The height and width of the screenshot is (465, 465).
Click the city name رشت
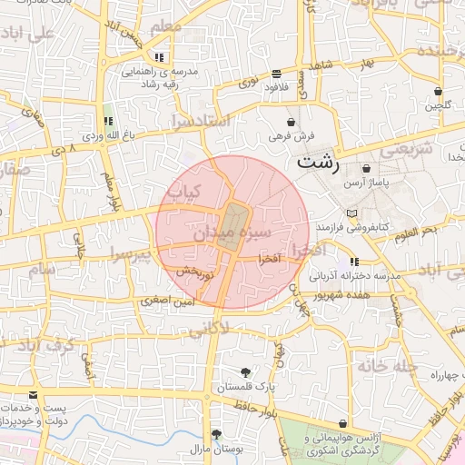(x=318, y=164)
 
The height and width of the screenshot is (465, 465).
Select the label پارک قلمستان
(x=245, y=387)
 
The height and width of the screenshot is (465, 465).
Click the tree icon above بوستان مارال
(x=216, y=434)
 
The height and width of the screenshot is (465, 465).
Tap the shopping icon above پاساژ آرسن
(x=366, y=168)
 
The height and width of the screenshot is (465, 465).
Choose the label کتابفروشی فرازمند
(x=352, y=225)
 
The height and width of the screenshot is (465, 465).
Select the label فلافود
(x=275, y=89)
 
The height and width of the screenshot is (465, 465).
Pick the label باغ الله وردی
(x=107, y=136)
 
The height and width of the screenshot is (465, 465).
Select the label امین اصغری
(x=168, y=299)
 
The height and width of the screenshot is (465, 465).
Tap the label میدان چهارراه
(x=436, y=374)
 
